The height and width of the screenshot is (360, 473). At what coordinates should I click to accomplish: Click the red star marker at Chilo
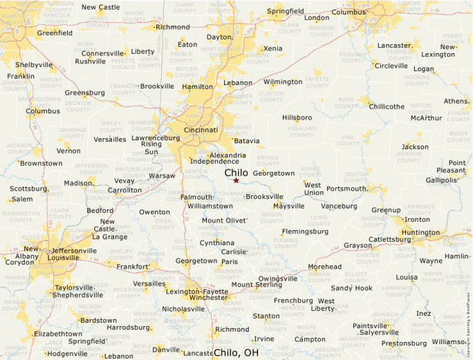(x=236, y=180)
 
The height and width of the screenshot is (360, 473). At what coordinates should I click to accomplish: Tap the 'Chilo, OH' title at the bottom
(x=236, y=352)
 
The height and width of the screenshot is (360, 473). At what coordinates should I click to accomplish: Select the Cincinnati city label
(x=201, y=130)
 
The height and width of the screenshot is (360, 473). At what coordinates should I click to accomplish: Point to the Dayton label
(x=219, y=37)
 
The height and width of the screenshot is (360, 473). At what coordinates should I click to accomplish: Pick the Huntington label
(x=420, y=233)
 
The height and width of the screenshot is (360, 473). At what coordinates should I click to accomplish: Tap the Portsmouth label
(x=346, y=188)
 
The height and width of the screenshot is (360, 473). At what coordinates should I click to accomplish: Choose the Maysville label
(x=288, y=206)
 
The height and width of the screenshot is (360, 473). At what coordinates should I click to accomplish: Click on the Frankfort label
(x=133, y=266)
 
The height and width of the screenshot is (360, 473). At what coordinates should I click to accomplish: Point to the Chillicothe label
(x=387, y=106)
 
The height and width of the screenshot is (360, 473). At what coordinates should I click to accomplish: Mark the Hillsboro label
(x=297, y=117)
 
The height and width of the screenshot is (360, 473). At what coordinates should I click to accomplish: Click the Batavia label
(x=247, y=141)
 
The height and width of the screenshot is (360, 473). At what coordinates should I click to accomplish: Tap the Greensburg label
(x=84, y=93)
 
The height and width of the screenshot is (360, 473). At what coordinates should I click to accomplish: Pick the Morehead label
(x=324, y=267)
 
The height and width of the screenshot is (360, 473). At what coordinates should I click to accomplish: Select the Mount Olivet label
(x=223, y=220)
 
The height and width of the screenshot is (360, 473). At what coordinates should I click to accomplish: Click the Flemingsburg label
(x=304, y=231)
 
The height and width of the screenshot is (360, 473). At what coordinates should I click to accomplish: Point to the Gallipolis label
(x=442, y=180)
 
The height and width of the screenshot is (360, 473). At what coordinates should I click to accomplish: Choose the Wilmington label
(x=283, y=82)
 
